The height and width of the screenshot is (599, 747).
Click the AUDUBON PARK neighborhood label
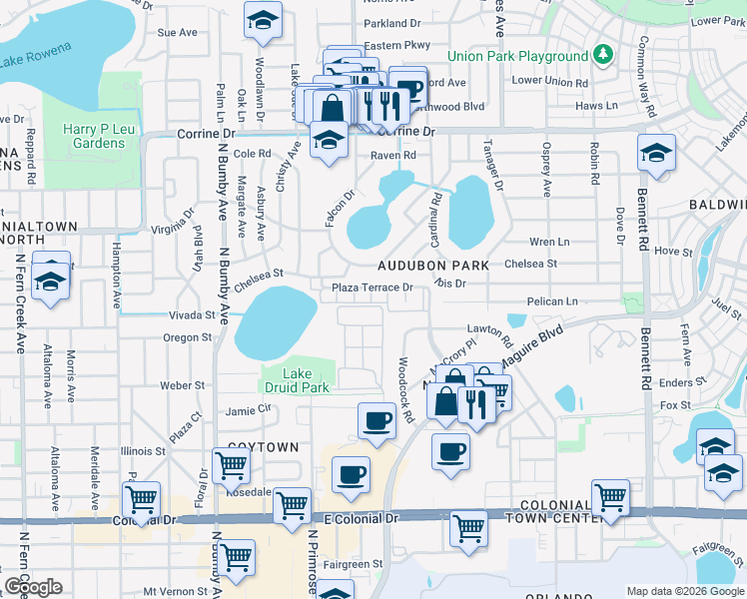[x=433, y=266]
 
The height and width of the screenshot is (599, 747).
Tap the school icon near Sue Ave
[x=263, y=20]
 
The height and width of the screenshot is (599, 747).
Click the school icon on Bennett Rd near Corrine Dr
[x=655, y=153]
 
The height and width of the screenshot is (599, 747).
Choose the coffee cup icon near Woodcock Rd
[x=376, y=420]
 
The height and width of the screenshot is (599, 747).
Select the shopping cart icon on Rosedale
[x=231, y=464]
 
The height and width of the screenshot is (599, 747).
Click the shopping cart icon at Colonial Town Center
[x=610, y=496]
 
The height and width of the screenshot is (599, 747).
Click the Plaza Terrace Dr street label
[x=373, y=288]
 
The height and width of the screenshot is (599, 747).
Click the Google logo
[x=33, y=587]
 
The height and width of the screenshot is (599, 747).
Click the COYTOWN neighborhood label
[x=263, y=447]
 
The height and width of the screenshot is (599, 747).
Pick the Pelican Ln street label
[x=554, y=300]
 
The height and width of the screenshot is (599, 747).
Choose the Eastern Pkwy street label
[x=396, y=45]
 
